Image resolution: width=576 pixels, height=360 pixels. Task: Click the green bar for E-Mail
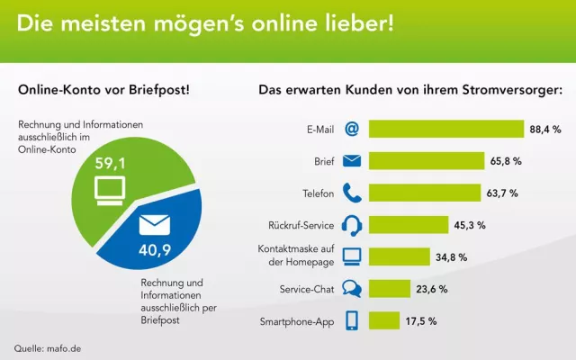pyautogui.click(x=445, y=130)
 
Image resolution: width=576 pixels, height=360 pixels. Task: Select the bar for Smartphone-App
pyautogui.click(x=384, y=321)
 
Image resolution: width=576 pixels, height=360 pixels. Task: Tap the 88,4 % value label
pyautogui.click(x=545, y=130)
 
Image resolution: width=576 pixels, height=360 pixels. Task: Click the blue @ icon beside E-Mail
pyautogui.click(x=352, y=130)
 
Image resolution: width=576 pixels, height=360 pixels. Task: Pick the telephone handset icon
pyautogui.click(x=352, y=193)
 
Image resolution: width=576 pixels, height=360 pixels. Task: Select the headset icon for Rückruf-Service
pyautogui.click(x=352, y=225)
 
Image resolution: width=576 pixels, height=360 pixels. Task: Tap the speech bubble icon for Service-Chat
pyautogui.click(x=352, y=289)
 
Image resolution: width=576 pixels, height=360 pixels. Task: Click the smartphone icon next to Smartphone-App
pyautogui.click(x=352, y=321)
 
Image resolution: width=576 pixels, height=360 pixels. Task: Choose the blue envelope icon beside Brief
pyautogui.click(x=352, y=162)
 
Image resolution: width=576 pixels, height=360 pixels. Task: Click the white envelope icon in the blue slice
pyautogui.click(x=154, y=219)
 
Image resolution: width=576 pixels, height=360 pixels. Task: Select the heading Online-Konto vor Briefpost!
pyautogui.click(x=103, y=89)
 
